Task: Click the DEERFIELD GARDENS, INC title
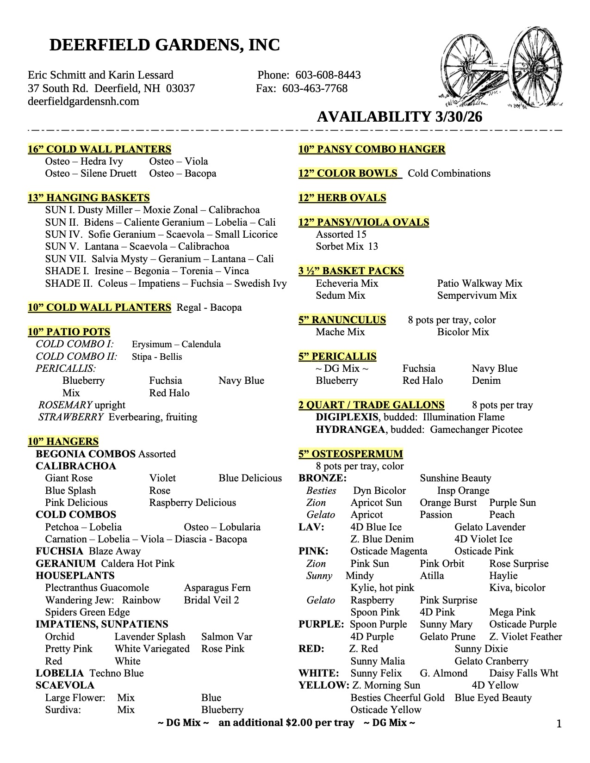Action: click(x=164, y=45)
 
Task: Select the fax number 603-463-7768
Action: click(x=315, y=88)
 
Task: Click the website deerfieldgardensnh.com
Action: click(x=83, y=101)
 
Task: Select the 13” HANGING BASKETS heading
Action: click(x=88, y=198)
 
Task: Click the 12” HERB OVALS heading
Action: click(x=342, y=198)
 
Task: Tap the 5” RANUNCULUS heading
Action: click(x=342, y=320)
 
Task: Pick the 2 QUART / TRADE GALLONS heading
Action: click(x=371, y=405)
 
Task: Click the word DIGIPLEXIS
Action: click(x=347, y=417)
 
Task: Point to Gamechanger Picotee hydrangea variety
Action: click(x=476, y=430)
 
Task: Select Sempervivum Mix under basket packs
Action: click(x=477, y=295)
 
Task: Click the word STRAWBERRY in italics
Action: click(x=71, y=417)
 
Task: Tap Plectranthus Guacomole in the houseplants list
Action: click(x=97, y=588)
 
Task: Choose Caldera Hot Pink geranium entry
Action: click(x=138, y=564)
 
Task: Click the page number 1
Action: click(x=559, y=724)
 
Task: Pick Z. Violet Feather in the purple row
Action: click(x=526, y=637)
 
